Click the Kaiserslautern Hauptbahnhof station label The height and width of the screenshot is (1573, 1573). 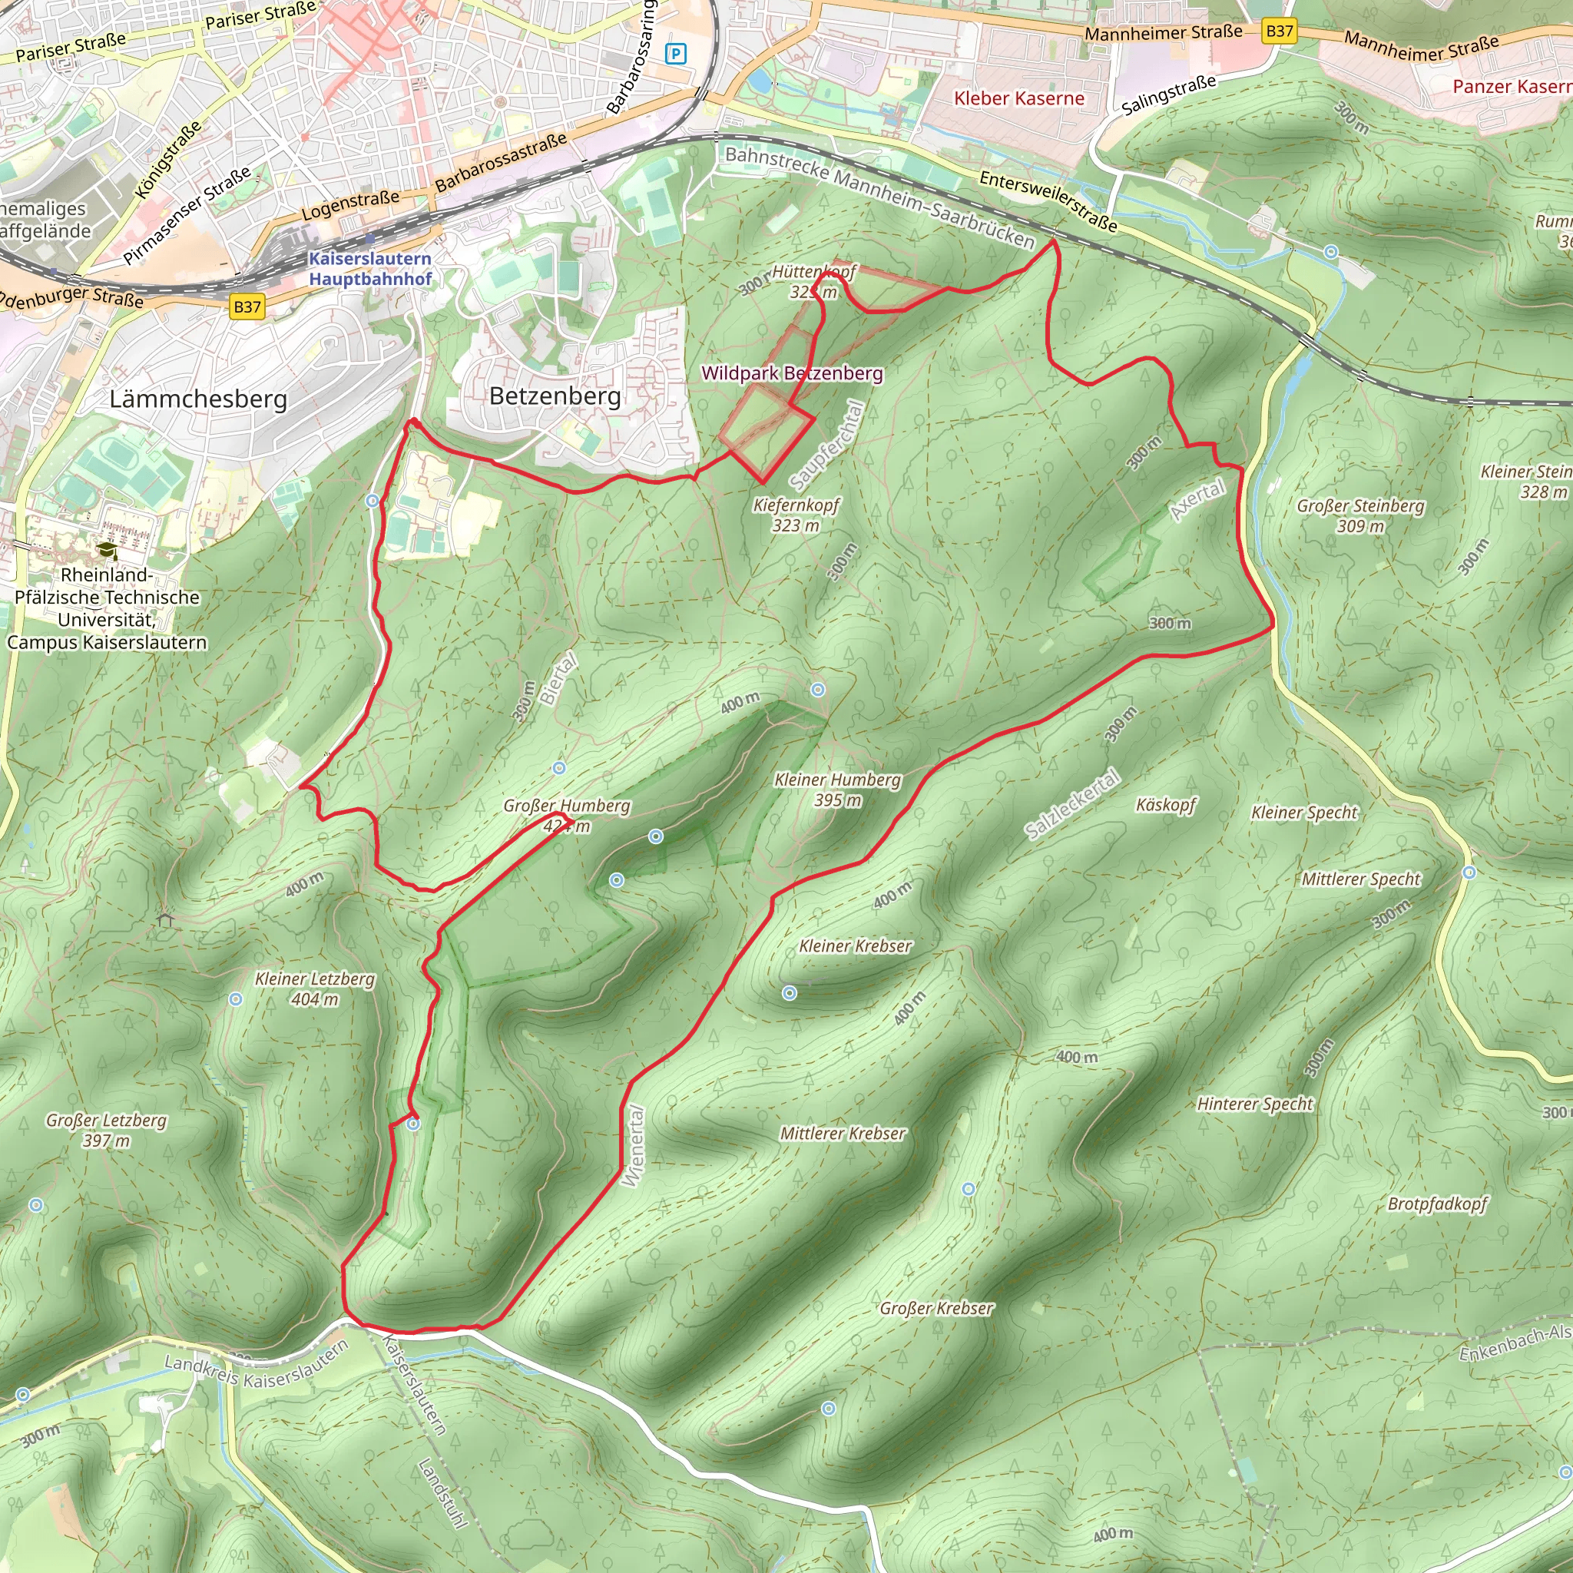(369, 269)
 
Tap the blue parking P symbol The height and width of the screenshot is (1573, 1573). (676, 55)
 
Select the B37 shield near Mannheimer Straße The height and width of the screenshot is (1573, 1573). (1279, 31)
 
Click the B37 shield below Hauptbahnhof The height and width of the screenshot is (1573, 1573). (247, 307)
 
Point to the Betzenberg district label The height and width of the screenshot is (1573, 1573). (555, 396)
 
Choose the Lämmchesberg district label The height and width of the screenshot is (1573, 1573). (198, 399)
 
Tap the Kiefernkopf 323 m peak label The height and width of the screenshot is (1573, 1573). (796, 515)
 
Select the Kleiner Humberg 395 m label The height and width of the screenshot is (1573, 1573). (838, 789)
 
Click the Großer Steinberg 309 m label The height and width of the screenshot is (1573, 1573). (1360, 515)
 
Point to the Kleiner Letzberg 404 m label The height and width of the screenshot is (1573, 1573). (315, 989)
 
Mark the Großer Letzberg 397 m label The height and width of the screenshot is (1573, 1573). (106, 1129)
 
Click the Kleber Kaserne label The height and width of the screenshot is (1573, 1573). (1018, 98)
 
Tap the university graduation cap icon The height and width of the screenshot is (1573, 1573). (106, 551)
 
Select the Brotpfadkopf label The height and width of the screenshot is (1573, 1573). (1437, 1204)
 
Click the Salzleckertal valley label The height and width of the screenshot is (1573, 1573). (1071, 803)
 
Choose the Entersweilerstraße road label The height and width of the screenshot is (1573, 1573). (1048, 201)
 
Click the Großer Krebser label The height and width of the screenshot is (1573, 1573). (936, 1307)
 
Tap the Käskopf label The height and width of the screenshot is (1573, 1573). (1165, 804)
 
